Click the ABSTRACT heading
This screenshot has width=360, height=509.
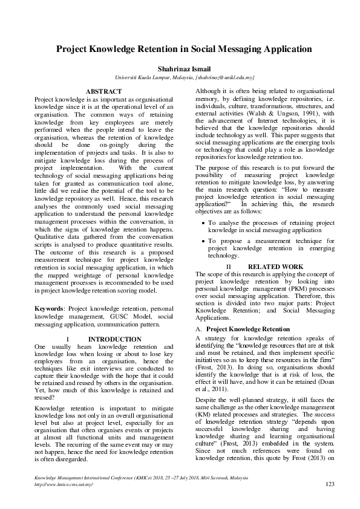point(104,91)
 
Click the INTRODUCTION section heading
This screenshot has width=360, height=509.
point(115,339)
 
